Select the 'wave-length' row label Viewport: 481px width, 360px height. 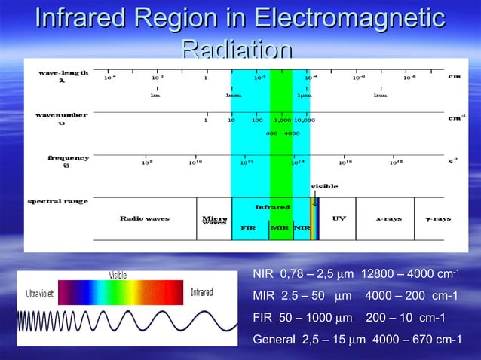63,77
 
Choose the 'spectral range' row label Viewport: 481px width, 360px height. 57,201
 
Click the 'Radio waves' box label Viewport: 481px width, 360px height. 145,219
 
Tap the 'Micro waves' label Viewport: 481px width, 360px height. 215,221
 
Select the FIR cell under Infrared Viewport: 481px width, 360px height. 248,227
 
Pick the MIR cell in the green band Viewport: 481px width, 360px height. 280,227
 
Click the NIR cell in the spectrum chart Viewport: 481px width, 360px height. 302,227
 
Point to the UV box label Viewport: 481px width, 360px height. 339,219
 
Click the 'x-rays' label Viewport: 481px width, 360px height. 388,219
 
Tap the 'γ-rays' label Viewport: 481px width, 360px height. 437,219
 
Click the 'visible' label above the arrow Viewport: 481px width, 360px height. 324,185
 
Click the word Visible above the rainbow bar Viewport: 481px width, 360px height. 118,275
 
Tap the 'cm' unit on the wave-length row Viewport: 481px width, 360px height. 455,76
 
